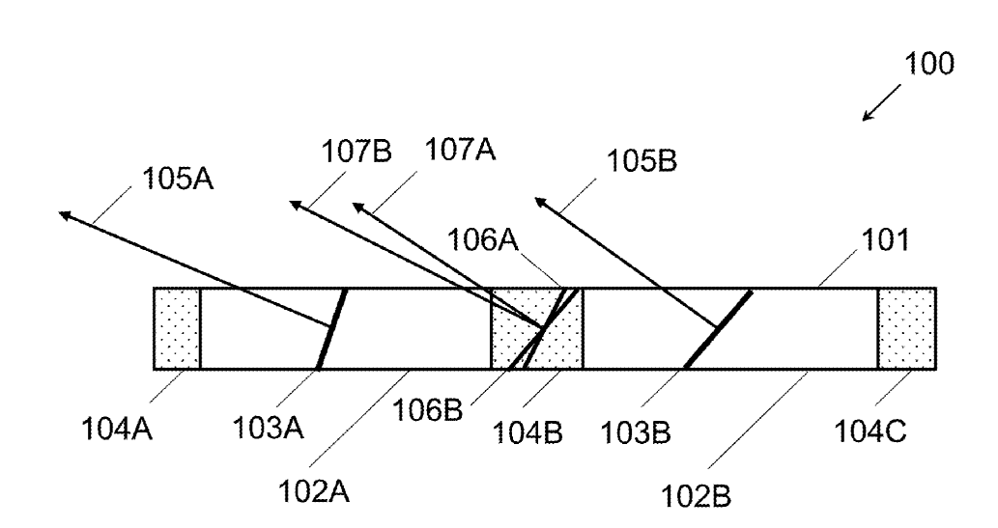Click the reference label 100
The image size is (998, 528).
click(x=929, y=64)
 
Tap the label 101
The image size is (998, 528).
click(x=885, y=240)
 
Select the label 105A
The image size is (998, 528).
click(x=178, y=179)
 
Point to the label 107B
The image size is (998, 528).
click(x=356, y=152)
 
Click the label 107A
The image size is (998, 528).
click(x=460, y=151)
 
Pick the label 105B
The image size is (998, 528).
click(x=642, y=161)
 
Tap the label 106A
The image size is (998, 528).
click(x=482, y=240)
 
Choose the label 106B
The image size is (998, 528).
click(x=428, y=410)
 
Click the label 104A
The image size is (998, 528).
click(x=117, y=430)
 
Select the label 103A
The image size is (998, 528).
click(x=268, y=428)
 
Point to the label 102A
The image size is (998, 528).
click(x=314, y=491)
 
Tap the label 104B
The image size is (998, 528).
click(x=528, y=433)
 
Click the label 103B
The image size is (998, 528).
click(x=636, y=433)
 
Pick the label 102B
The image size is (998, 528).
click(x=696, y=496)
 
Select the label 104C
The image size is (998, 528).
click(x=870, y=431)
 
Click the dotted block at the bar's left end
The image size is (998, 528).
click(x=178, y=328)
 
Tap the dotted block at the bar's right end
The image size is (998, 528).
click(x=907, y=328)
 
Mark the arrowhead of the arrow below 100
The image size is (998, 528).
click(x=865, y=119)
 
